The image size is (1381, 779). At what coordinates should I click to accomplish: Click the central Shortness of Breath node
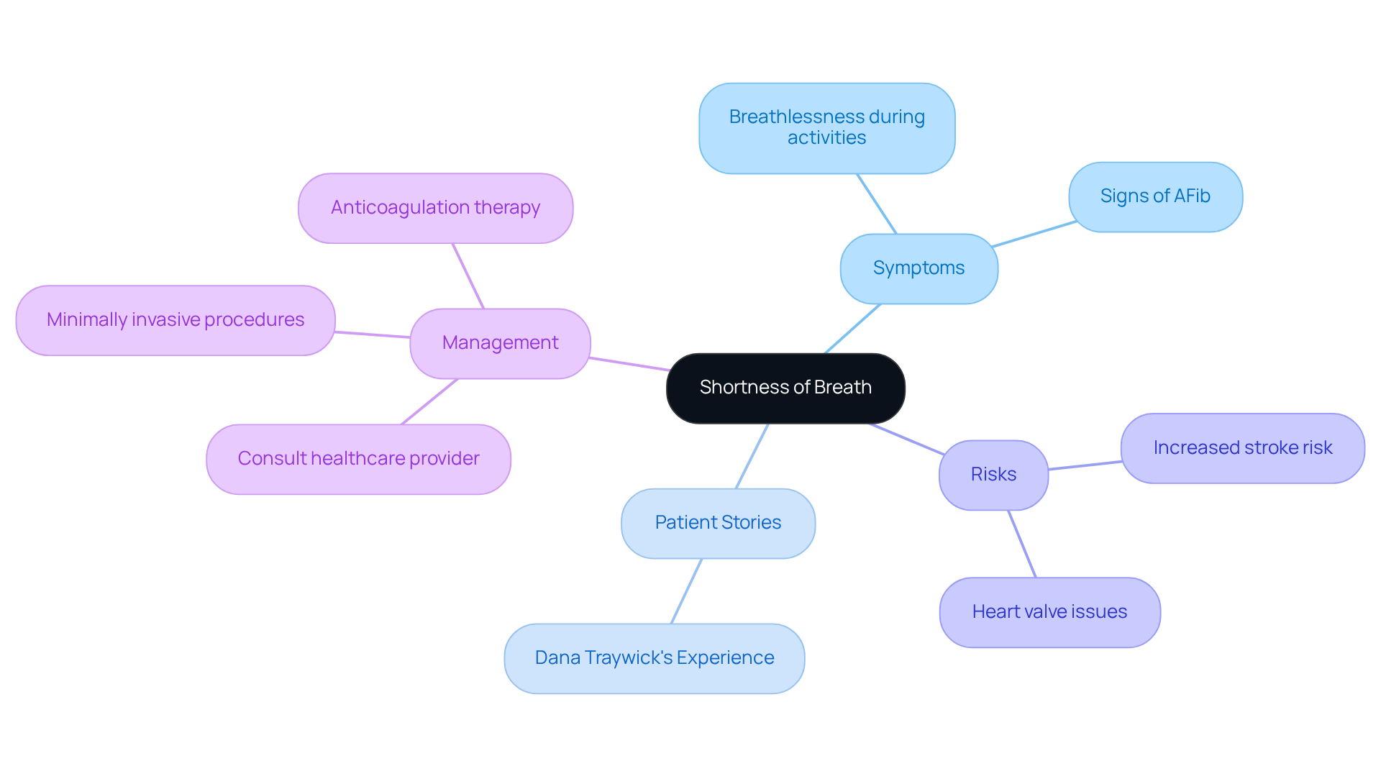coord(785,388)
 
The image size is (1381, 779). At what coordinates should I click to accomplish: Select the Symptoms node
coord(919,268)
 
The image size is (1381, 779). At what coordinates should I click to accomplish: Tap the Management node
coord(500,343)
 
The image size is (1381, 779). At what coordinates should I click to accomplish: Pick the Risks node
coord(993,475)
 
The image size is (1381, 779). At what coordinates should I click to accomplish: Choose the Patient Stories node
coord(718,523)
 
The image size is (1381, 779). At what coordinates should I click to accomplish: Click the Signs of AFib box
coord(1155,196)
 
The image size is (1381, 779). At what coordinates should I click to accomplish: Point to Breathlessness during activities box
coord(826,127)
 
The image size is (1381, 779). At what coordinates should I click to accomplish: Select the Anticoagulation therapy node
coord(435,208)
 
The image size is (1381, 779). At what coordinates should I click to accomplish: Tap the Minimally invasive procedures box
coord(175,320)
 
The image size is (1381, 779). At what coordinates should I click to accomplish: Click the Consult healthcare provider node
coord(358,459)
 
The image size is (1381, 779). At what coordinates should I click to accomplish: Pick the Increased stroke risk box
coord(1242,448)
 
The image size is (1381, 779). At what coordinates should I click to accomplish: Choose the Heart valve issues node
coord(1049,612)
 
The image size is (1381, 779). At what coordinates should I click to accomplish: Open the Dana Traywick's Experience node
coord(654,658)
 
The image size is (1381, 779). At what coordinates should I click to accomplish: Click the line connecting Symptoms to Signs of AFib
coord(1034,234)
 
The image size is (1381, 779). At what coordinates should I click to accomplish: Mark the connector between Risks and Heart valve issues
coord(1022,544)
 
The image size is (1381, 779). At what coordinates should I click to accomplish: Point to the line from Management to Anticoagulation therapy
coord(468,276)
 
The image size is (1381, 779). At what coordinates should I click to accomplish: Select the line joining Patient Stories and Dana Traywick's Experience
coord(686,591)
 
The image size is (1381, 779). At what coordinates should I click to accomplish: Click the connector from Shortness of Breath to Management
coord(629,364)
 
